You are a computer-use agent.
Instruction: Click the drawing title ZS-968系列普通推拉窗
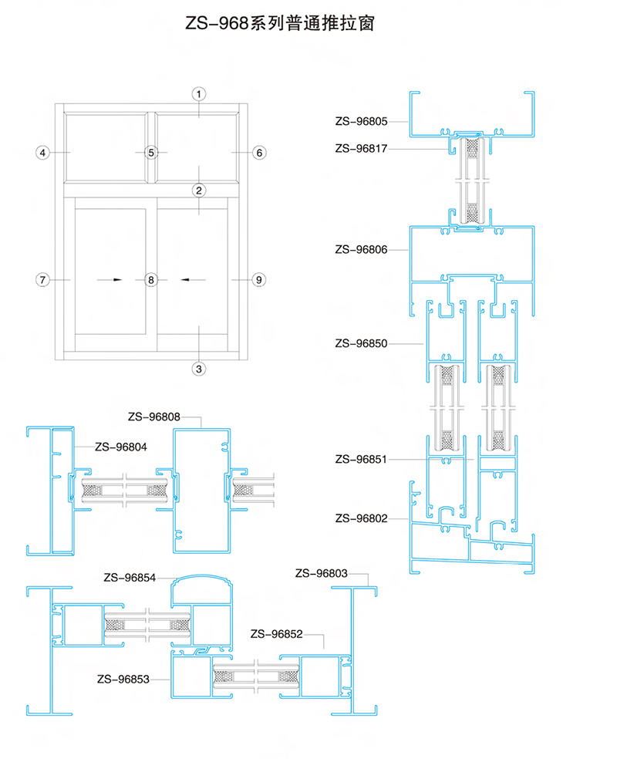[280, 23]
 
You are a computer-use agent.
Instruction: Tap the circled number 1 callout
[198, 94]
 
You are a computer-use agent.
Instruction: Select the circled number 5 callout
[151, 153]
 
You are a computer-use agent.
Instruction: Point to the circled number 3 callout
[198, 369]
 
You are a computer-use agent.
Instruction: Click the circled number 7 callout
[42, 280]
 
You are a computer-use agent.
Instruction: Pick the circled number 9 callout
[259, 280]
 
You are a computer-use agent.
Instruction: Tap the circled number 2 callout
[199, 191]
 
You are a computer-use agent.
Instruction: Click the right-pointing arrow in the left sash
[110, 279]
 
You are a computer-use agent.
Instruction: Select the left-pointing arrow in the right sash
[193, 279]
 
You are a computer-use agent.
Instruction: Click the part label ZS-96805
[362, 122]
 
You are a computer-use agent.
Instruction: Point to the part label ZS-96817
[362, 149]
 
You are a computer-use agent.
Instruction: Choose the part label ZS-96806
[362, 250]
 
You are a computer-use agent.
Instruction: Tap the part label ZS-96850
[362, 344]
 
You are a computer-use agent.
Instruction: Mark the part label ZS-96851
[362, 460]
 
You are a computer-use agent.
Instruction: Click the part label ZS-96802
[362, 519]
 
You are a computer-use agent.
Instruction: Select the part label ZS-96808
[154, 417]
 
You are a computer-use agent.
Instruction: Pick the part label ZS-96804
[121, 447]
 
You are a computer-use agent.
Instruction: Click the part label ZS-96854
[130, 578]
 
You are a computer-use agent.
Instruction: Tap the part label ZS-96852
[276, 634]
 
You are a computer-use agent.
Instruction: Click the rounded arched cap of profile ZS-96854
[201, 577]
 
